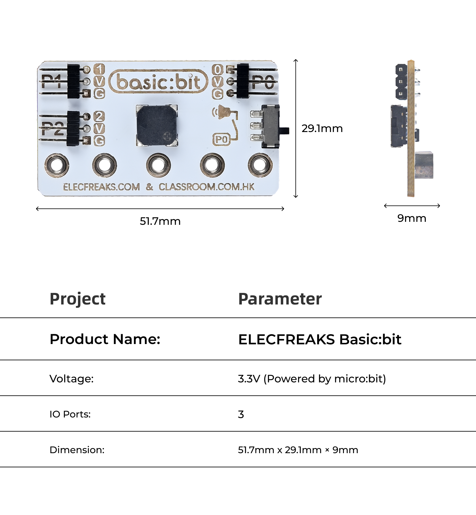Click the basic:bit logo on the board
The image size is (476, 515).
tap(158, 81)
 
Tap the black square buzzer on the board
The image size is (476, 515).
tap(157, 125)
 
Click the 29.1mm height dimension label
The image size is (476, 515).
tap(322, 128)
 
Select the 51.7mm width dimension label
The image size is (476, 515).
tap(160, 221)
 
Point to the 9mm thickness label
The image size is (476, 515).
tap(412, 218)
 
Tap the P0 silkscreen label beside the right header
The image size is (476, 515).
tap(263, 82)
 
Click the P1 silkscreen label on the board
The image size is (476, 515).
tap(51, 81)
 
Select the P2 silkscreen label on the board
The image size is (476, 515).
tap(53, 128)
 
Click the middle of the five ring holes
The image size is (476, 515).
tap(159, 165)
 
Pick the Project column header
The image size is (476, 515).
tap(78, 299)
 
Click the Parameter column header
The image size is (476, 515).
tap(280, 299)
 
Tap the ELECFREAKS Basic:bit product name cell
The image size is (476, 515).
tap(320, 339)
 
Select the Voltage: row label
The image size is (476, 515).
tap(72, 379)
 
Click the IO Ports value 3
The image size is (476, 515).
tap(241, 414)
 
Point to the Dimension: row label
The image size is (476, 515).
tap(77, 450)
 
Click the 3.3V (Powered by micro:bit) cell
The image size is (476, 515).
tap(312, 379)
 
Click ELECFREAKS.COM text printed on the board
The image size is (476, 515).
tap(101, 187)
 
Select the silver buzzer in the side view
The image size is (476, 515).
tap(424, 165)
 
